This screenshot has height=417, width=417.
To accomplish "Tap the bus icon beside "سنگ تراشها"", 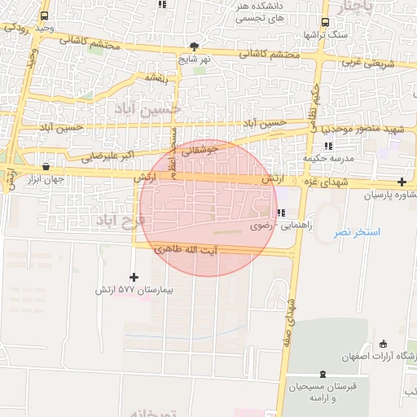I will point(326,23).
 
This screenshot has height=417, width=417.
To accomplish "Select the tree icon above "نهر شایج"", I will point(193,46).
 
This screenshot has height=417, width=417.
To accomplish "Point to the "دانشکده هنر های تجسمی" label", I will point(258,11).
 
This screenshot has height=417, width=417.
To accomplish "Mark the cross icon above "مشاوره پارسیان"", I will point(401,182).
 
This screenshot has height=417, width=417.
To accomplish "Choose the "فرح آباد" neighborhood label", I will point(119,220).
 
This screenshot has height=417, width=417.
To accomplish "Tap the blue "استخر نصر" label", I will point(357,233).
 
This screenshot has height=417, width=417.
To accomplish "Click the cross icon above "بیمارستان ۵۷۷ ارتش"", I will point(134,277).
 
